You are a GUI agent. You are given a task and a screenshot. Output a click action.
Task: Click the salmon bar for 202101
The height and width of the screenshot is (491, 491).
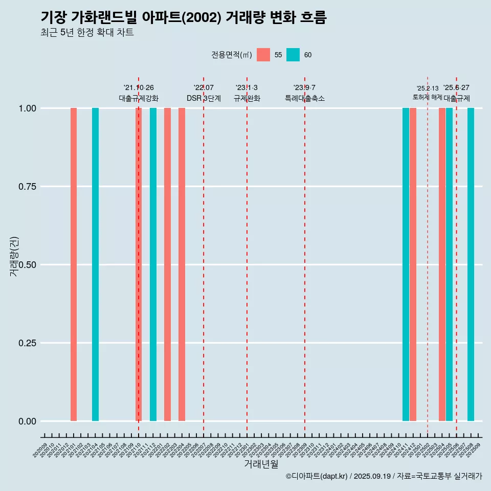pos(74,264)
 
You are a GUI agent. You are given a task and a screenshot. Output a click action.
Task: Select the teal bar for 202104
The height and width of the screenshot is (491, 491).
pos(95,264)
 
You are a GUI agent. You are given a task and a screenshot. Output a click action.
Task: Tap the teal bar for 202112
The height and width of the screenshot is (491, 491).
pos(153,264)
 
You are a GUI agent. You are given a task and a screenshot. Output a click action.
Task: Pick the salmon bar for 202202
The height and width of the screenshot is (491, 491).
pos(167,264)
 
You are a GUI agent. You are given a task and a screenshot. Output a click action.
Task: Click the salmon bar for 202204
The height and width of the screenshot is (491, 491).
pos(182,264)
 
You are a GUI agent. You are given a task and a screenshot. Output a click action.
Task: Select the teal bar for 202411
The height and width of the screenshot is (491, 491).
pos(406,264)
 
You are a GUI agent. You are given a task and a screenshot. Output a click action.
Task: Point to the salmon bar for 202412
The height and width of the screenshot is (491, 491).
pos(413,264)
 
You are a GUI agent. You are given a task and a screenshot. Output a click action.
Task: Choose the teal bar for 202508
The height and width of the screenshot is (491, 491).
pos(471,264)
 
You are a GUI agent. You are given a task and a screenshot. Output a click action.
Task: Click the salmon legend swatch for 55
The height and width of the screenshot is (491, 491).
pos(263,55)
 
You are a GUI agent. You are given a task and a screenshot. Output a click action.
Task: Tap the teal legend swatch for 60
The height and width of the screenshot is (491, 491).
pos(293,55)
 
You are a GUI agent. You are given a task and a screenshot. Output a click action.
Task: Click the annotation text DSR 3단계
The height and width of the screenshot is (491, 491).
pos(204,98)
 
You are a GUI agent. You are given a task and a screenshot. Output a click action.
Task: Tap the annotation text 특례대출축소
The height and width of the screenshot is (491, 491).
pos(305,98)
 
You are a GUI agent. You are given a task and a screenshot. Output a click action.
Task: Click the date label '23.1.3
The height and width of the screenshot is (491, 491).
pos(247,88)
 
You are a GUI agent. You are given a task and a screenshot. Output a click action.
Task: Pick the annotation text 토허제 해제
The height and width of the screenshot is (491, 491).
pos(427,97)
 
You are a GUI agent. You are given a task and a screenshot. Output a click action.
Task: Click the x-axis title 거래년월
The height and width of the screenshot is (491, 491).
pos(261,464)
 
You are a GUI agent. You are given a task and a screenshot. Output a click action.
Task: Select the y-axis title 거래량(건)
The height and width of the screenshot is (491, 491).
pos(14,256)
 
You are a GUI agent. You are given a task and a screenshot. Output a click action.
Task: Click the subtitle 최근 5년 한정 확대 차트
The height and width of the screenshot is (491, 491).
pos(87,33)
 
